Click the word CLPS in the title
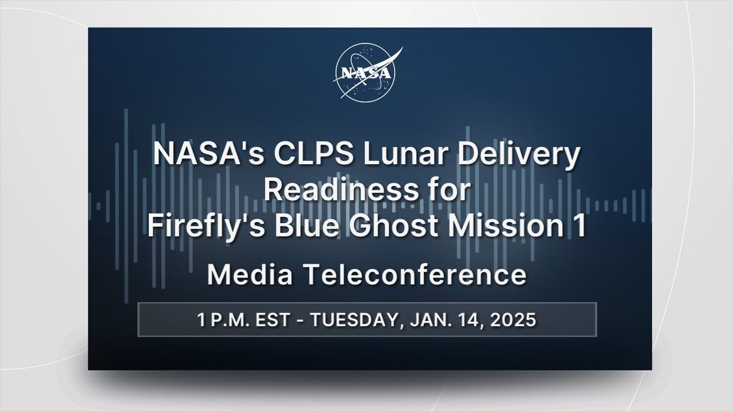[x=314, y=154]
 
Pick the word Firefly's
[x=206, y=227]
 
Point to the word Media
[x=250, y=275]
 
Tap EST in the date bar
[x=273, y=320]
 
